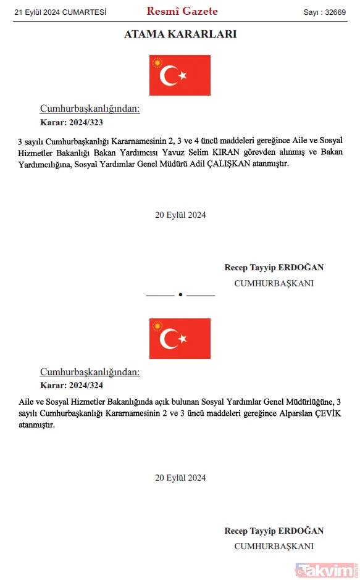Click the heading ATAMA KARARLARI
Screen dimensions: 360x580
pos(180,35)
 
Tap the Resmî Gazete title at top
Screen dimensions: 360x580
pos(182,11)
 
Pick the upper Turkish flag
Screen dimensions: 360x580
pos(180,75)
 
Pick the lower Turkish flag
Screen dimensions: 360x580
pos(180,338)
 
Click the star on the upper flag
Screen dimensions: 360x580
pos(183,76)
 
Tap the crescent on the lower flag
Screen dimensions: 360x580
pos(168,339)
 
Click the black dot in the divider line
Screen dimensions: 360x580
pos(180,296)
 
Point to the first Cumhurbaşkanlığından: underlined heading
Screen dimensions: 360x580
pos(90,109)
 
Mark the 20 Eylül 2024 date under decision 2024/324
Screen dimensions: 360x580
pos(180,478)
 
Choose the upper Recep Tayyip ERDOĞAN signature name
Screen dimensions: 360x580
pos(274,268)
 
